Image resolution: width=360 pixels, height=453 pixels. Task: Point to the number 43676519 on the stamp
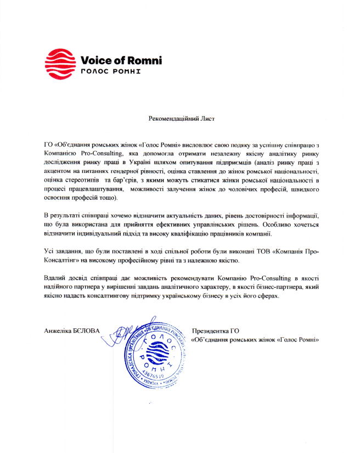tap(155, 376)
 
